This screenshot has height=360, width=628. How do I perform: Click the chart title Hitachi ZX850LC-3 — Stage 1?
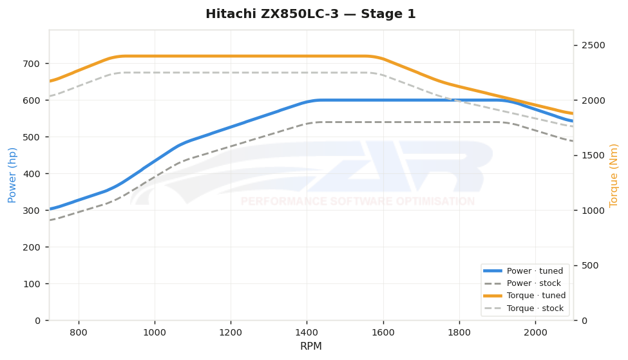(x=311, y=14)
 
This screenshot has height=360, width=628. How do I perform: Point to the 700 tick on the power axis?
(x=32, y=64)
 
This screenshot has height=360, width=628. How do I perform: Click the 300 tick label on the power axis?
(x=32, y=211)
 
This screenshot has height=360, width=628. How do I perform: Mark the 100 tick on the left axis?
(x=32, y=284)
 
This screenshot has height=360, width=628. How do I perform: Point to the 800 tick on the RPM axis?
(x=79, y=332)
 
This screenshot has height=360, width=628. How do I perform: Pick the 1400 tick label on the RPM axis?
(x=307, y=332)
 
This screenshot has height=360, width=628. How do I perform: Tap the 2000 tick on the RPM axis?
(x=535, y=332)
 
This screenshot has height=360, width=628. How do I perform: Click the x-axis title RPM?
(x=311, y=346)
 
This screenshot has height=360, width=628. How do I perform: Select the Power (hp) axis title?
(x=12, y=175)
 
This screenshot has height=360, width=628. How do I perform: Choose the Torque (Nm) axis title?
(x=614, y=175)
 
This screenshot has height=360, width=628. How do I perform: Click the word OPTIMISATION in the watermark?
(x=435, y=201)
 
